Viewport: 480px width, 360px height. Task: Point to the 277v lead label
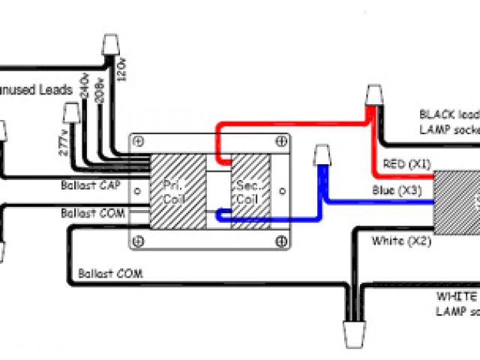click(x=61, y=140)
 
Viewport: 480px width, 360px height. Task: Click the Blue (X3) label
click(x=397, y=190)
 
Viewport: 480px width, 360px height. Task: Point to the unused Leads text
click(x=37, y=89)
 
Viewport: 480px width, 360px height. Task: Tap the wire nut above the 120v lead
click(x=109, y=47)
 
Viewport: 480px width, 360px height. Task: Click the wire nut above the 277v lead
click(x=73, y=113)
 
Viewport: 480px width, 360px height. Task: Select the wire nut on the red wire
click(x=373, y=96)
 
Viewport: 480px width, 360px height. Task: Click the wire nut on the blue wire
click(x=323, y=156)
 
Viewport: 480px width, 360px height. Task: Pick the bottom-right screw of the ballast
click(x=280, y=240)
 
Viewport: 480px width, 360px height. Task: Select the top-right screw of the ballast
click(x=280, y=140)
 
